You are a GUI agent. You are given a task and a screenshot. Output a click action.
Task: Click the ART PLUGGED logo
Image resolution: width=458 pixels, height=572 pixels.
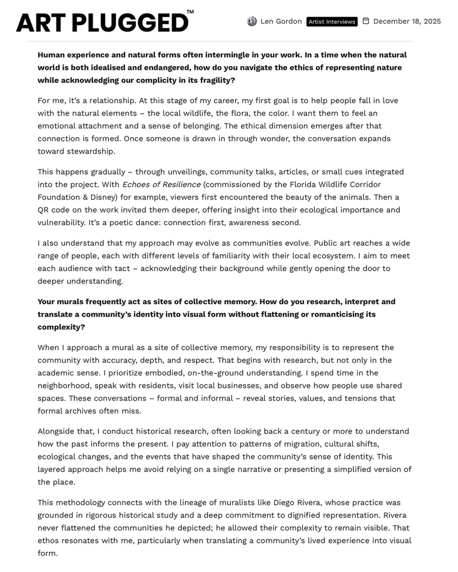[102, 23]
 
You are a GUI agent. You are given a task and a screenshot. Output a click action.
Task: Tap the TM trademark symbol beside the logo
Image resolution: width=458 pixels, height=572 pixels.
[190, 12]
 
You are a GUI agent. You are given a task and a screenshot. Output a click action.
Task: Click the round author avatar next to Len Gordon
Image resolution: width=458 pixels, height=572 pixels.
[252, 21]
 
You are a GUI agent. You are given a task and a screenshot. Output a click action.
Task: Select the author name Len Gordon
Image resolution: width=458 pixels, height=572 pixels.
[281, 21]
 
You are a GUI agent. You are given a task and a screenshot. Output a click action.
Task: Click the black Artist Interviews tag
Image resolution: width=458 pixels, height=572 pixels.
[332, 22]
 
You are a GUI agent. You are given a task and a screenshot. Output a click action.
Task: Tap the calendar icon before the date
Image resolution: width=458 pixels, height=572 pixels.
[366, 21]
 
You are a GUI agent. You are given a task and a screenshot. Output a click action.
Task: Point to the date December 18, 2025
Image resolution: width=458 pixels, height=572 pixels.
[407, 21]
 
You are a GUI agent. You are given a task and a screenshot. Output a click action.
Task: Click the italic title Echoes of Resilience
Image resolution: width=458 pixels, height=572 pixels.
[161, 185]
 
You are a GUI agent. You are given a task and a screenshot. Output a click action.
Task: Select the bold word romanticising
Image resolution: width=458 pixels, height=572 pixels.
[343, 315]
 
